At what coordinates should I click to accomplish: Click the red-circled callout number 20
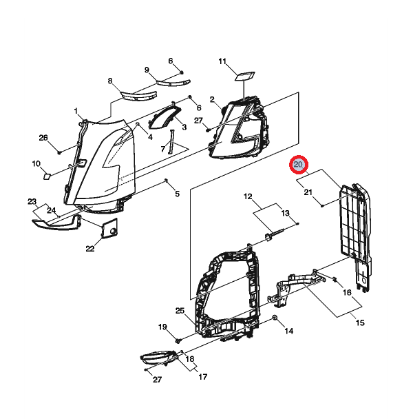(x=299, y=165)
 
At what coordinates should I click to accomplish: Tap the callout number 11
(x=222, y=62)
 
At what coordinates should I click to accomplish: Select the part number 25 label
(x=180, y=311)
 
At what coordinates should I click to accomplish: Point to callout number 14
(x=289, y=331)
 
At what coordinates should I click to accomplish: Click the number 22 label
(x=90, y=249)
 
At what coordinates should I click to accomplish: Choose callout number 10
(x=36, y=163)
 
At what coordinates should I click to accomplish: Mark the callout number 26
(x=43, y=138)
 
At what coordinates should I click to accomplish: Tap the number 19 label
(x=163, y=326)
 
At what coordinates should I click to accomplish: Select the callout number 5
(x=177, y=194)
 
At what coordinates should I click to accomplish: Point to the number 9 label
(x=147, y=70)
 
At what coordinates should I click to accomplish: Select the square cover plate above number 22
(x=110, y=227)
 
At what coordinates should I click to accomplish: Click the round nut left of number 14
(x=275, y=317)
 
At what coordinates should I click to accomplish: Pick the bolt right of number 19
(x=178, y=340)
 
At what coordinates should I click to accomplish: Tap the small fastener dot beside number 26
(x=60, y=151)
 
